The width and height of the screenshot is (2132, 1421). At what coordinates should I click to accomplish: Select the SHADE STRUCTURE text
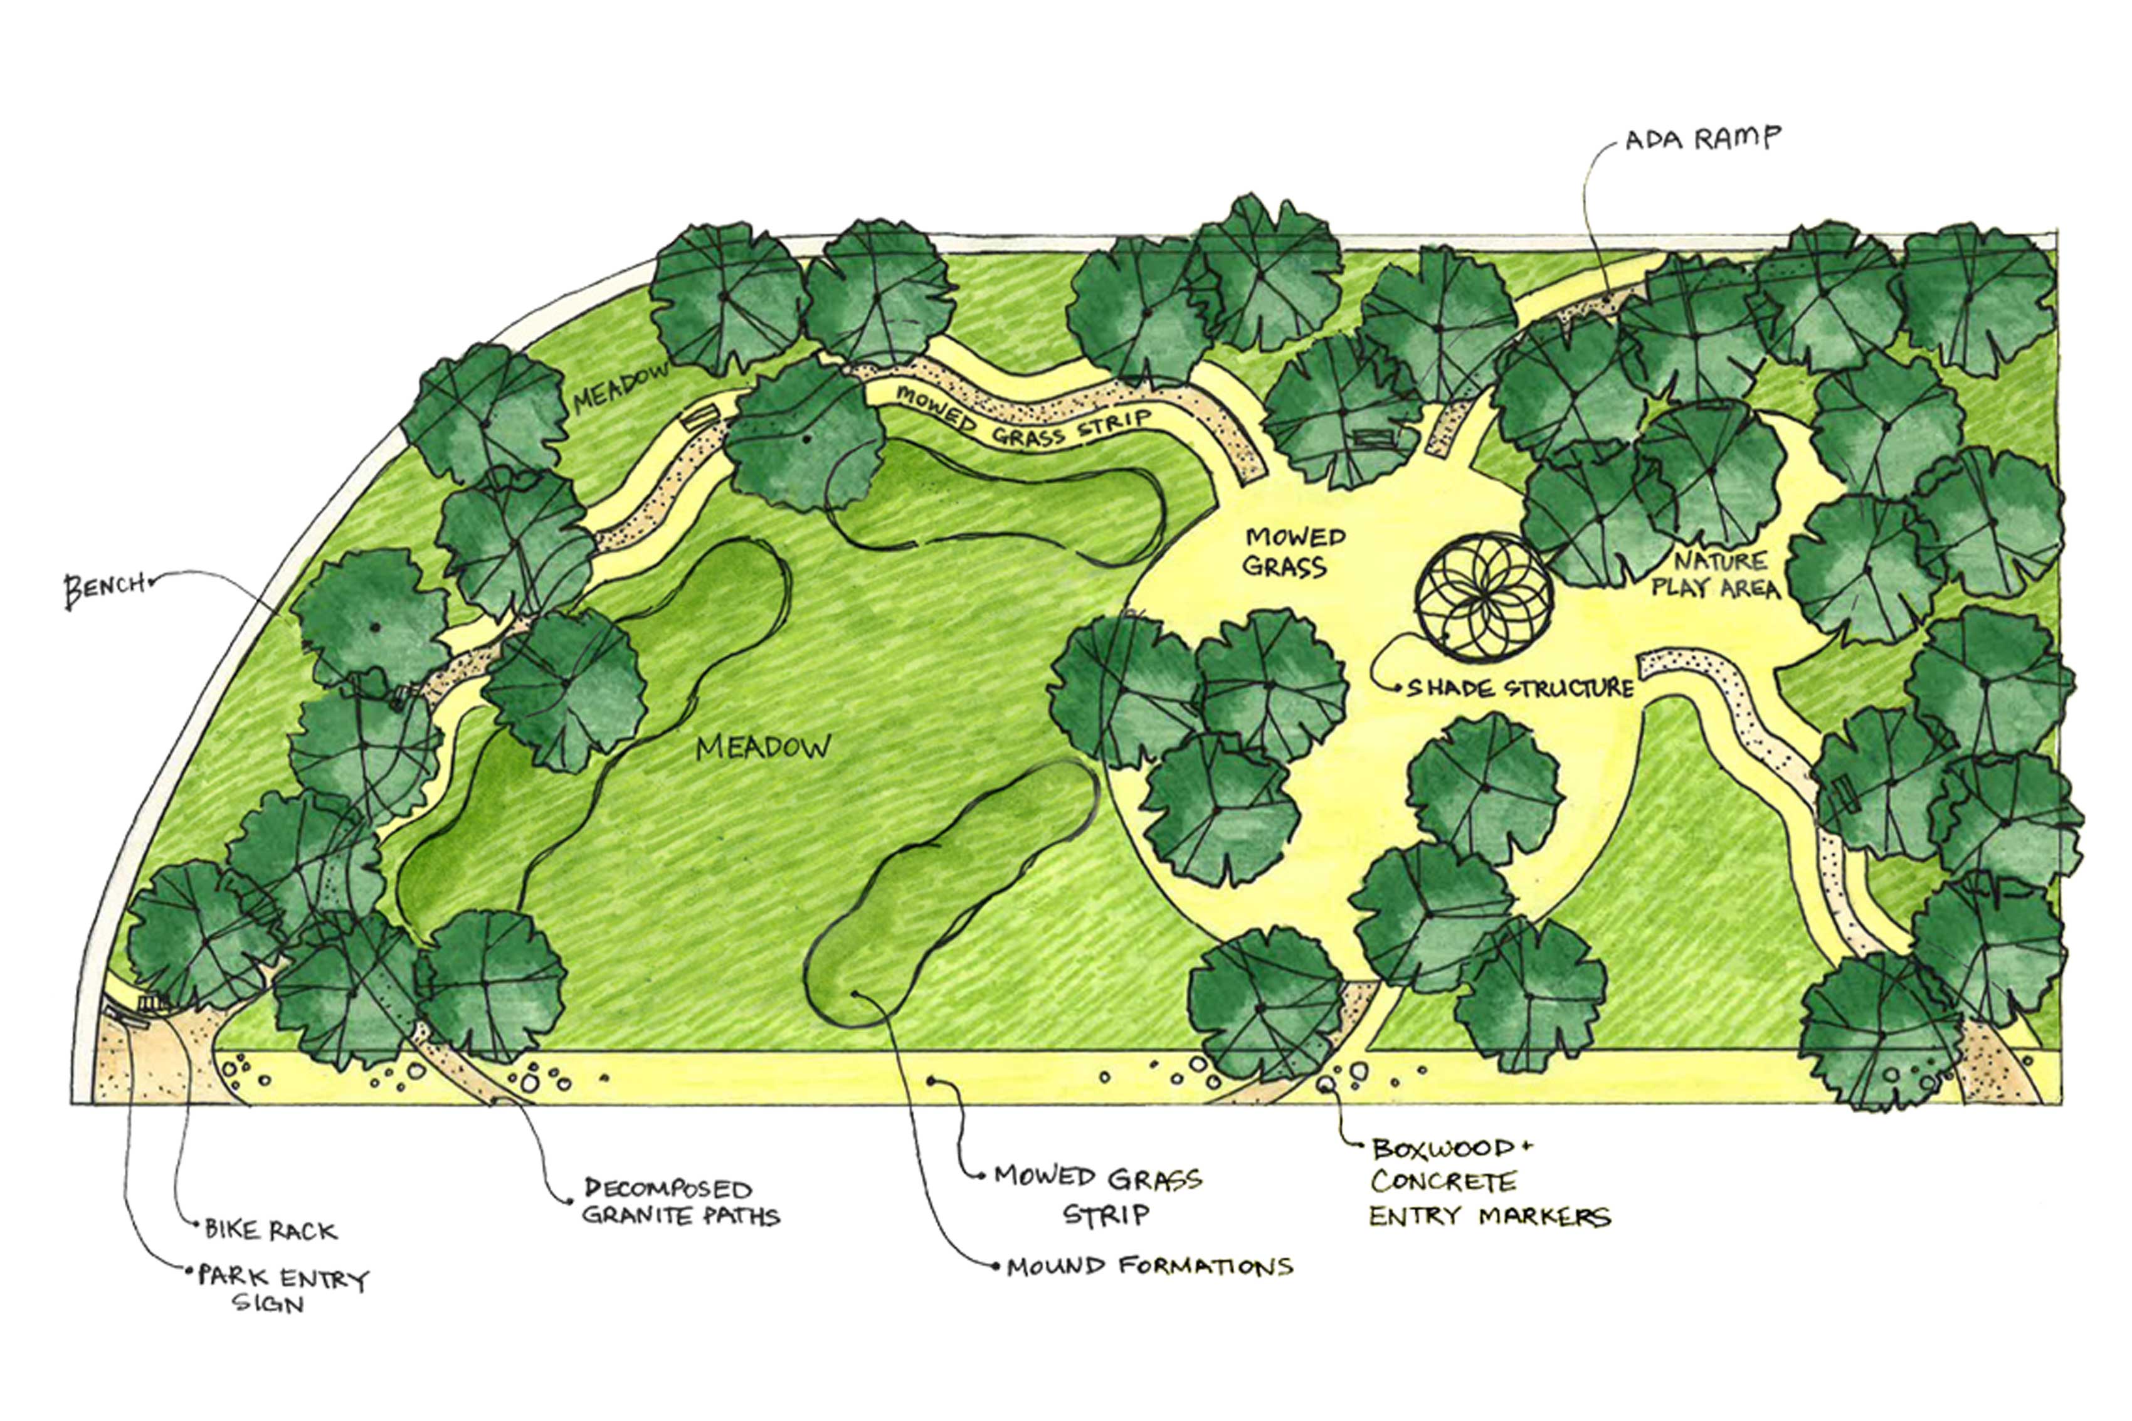(1519, 689)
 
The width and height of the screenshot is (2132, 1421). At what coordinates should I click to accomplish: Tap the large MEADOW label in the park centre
(763, 747)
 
